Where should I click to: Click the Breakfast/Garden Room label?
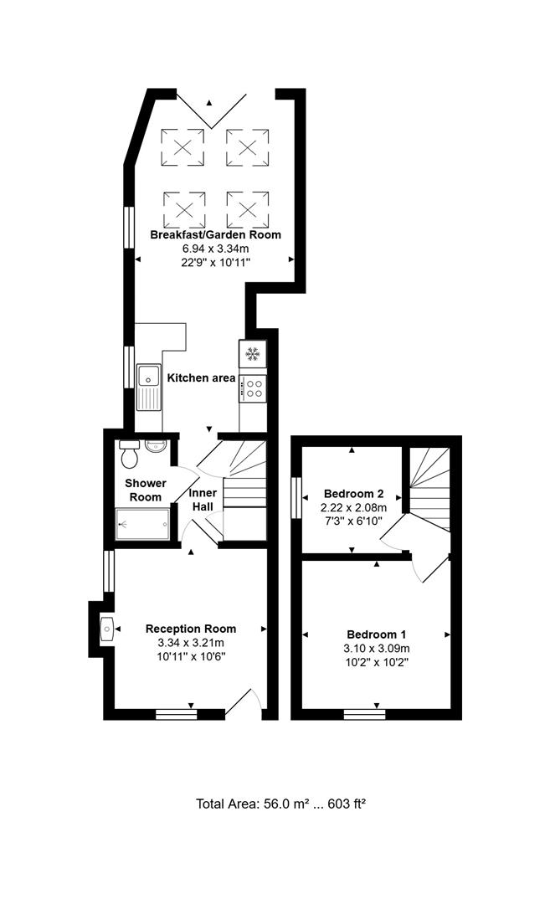[x=216, y=234]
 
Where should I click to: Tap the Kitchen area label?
[x=201, y=378]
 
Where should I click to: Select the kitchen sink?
[x=149, y=387]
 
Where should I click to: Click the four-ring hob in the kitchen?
[x=254, y=388]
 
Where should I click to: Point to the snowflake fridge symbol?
[x=252, y=353]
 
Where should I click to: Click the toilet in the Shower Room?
[x=129, y=454]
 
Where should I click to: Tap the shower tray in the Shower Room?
[x=143, y=524]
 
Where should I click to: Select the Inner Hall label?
[x=203, y=500]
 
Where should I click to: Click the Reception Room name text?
[x=191, y=629]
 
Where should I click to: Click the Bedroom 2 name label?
[x=353, y=494]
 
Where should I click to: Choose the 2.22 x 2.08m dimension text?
[x=353, y=508]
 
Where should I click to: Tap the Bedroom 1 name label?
[x=377, y=634]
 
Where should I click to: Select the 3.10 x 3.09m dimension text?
[x=377, y=649]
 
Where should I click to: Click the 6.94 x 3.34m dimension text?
[x=216, y=249]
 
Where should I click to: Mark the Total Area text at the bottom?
[x=281, y=803]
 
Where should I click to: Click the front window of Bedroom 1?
[x=364, y=715]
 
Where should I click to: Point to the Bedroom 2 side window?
[x=296, y=497]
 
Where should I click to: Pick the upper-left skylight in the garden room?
[x=182, y=147]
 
